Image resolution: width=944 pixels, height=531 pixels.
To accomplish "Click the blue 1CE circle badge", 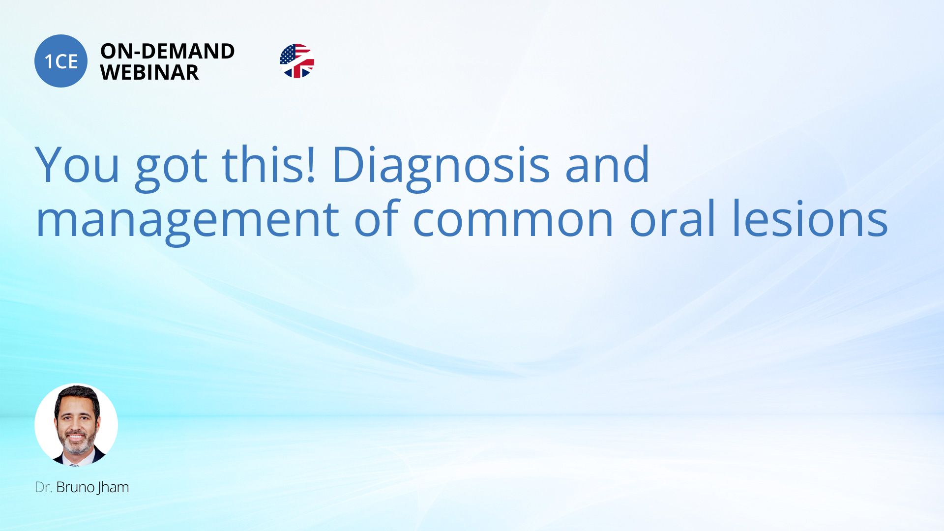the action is (x=61, y=61).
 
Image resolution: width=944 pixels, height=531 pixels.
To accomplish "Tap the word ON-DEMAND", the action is (x=168, y=51).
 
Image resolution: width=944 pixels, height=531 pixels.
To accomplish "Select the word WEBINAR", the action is (x=149, y=72).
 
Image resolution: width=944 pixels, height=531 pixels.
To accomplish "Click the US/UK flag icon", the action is (x=297, y=61).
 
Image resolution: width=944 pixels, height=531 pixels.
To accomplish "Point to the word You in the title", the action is (x=78, y=165).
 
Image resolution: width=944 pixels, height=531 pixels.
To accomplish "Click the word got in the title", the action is (x=171, y=168).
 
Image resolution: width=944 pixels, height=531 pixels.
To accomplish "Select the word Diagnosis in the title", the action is (x=441, y=168).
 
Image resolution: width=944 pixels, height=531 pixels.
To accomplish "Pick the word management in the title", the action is (x=187, y=222).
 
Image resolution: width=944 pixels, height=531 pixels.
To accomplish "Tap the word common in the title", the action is (x=513, y=222).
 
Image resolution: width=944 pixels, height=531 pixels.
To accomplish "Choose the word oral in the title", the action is (x=673, y=217).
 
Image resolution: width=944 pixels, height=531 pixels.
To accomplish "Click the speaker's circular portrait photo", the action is (x=76, y=425).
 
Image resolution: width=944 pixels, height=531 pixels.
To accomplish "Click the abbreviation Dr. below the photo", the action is (x=43, y=487).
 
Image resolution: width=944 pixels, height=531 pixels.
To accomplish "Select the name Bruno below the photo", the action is (x=75, y=487).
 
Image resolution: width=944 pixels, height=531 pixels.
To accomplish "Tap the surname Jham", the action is (x=113, y=488).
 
